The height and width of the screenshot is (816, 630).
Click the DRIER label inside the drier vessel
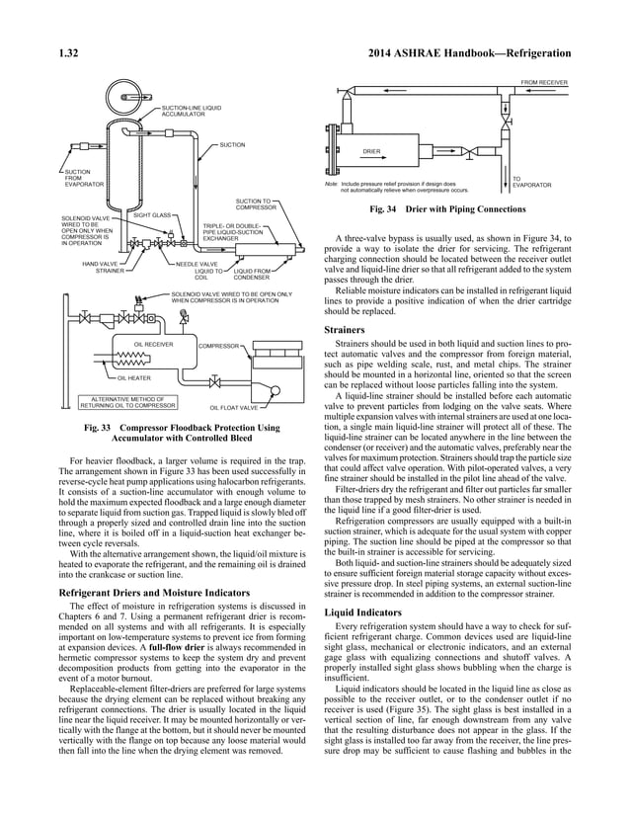tap(371, 151)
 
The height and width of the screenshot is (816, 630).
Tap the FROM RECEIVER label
tap(544, 82)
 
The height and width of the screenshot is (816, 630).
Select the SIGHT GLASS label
tap(152, 214)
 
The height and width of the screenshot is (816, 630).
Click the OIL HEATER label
tap(133, 377)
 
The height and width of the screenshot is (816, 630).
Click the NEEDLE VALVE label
tap(197, 265)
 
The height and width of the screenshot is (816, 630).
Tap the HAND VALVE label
tap(100, 265)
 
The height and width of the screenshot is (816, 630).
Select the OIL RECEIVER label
tap(153, 345)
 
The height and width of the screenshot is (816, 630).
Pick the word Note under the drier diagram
tap(331, 183)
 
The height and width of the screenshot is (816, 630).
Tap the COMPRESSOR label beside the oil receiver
tap(218, 346)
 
